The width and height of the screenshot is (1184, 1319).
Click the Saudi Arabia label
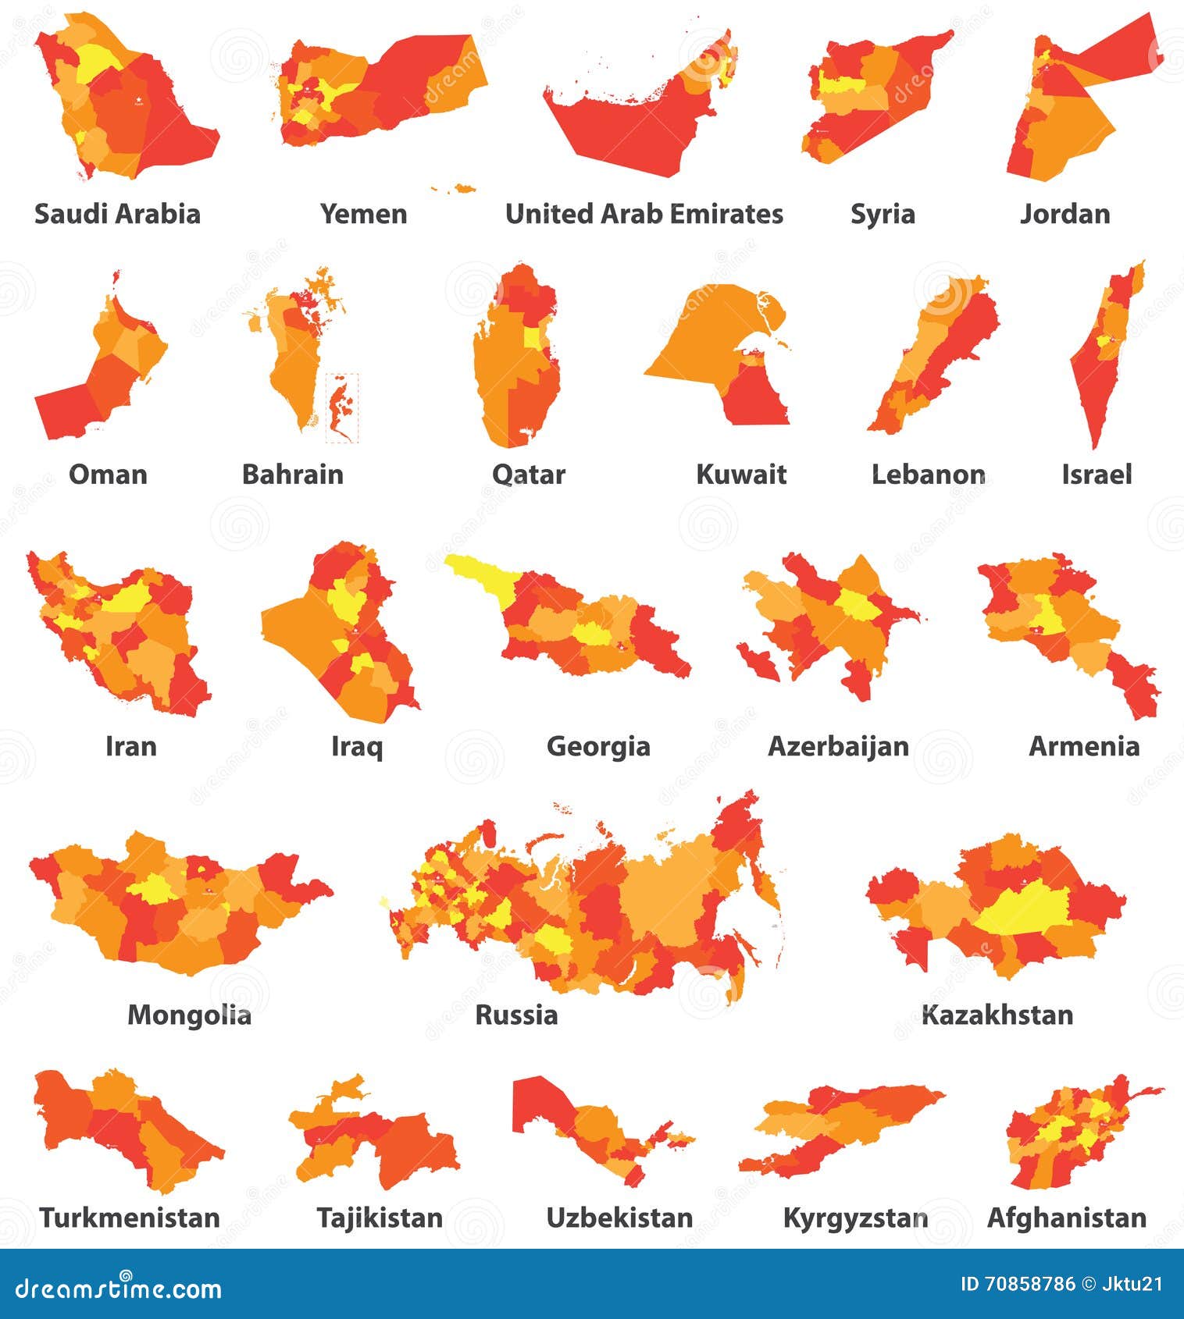click(117, 214)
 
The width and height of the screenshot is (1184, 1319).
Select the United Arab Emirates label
click(644, 214)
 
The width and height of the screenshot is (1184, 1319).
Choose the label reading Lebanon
click(928, 475)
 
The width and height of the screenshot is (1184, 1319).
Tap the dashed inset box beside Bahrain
click(342, 407)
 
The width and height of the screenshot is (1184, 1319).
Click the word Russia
click(516, 1015)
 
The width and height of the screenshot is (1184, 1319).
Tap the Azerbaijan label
click(838, 746)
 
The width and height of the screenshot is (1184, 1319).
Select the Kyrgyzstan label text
click(855, 1218)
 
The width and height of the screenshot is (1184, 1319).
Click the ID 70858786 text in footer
click(1016, 1284)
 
